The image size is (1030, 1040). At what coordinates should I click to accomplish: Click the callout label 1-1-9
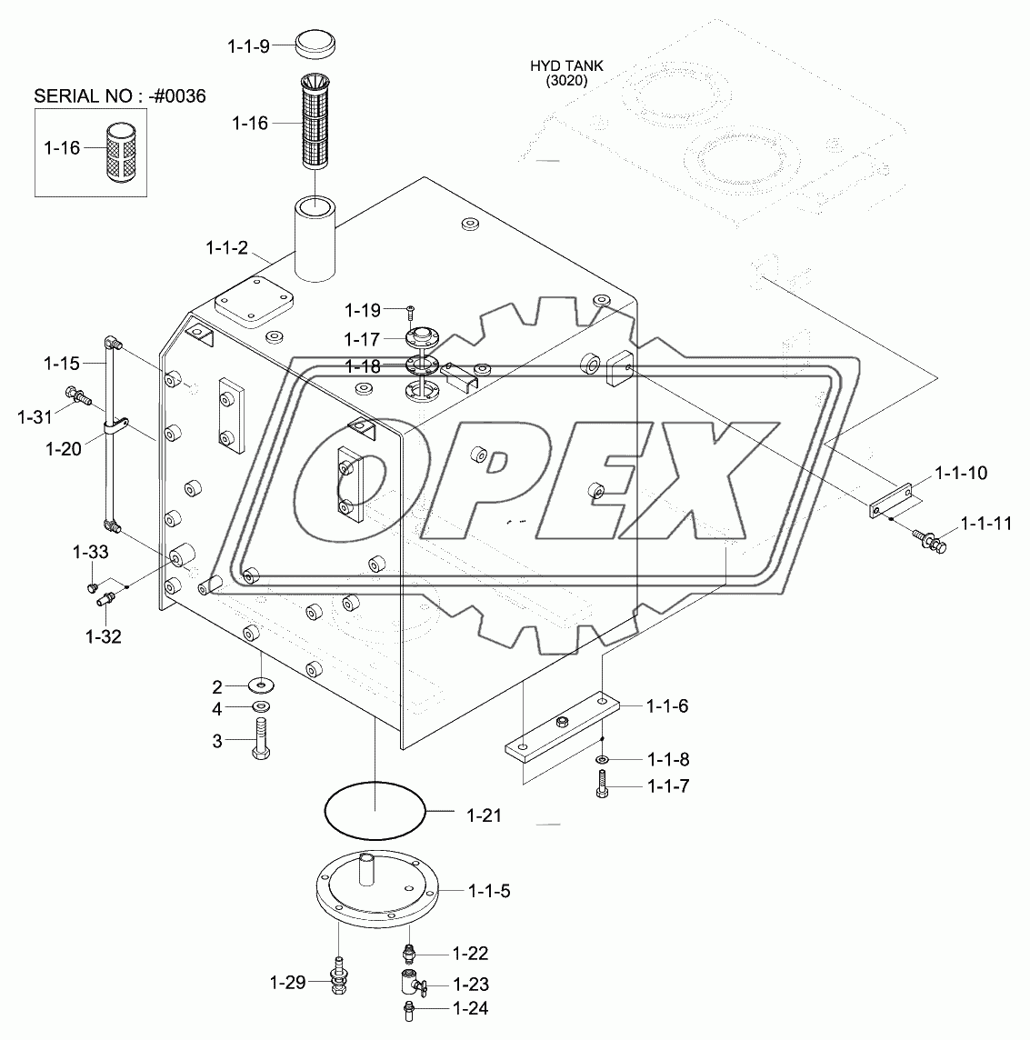[248, 46]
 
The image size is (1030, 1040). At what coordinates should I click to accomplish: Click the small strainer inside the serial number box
[121, 152]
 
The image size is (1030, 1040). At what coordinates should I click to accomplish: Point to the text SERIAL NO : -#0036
[120, 96]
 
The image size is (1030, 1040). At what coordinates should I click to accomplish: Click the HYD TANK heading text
[566, 65]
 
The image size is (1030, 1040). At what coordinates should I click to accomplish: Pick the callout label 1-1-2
[227, 248]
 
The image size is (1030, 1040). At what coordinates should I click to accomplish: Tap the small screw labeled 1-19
[411, 309]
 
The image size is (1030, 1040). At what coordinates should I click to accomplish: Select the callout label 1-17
[362, 340]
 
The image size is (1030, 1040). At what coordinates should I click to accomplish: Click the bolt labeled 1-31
[77, 396]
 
